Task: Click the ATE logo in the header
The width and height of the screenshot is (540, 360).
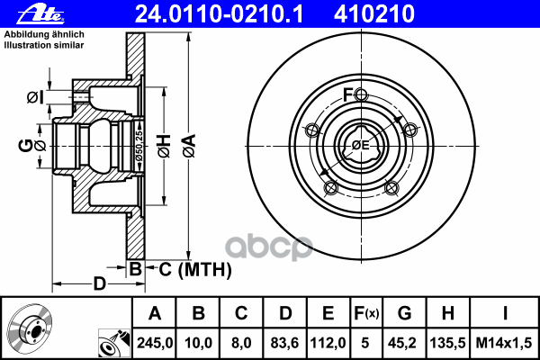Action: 40,13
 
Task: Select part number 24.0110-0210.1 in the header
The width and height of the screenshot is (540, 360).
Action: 219,14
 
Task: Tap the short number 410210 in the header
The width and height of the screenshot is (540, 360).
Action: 374,14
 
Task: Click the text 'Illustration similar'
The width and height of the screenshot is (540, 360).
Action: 44,45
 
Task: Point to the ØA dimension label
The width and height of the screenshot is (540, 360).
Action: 189,146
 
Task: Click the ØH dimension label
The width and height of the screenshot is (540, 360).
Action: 165,146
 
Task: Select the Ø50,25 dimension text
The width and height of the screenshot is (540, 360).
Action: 139,146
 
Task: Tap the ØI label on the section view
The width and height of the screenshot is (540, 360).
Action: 35,97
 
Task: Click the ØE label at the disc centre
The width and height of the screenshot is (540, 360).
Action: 361,146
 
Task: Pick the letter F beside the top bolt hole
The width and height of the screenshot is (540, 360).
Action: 347,94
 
